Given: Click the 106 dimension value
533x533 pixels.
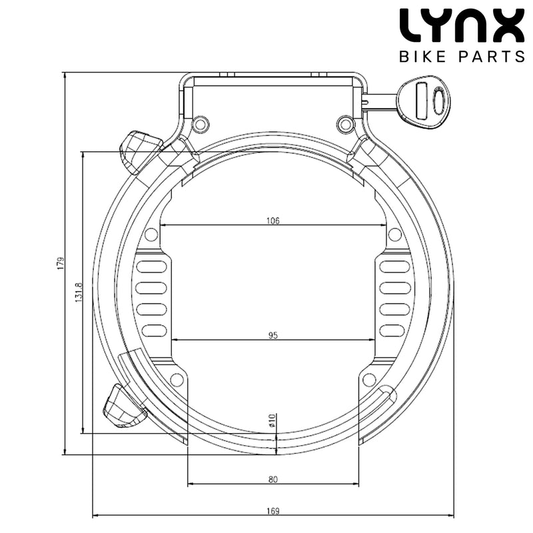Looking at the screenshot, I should (x=272, y=220).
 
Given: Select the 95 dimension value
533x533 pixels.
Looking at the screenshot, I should (x=272, y=335).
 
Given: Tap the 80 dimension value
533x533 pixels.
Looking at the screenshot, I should (x=272, y=478).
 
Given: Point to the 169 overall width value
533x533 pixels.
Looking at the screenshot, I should (x=272, y=511).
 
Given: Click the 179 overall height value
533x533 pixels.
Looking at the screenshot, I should (x=59, y=264).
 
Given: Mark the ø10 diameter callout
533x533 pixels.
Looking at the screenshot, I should (x=272, y=422).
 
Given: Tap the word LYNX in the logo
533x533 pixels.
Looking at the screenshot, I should (x=461, y=26).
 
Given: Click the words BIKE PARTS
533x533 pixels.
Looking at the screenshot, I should (x=461, y=56).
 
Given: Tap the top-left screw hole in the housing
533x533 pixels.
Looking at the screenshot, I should (x=199, y=123).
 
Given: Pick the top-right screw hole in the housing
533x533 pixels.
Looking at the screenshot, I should (x=344, y=123).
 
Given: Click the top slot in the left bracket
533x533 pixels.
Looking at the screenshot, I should (x=154, y=267).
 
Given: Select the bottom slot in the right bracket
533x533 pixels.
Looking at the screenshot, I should (x=394, y=330).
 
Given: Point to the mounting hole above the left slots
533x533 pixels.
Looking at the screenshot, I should (x=151, y=235).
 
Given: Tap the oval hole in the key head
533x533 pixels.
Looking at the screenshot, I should (x=437, y=101).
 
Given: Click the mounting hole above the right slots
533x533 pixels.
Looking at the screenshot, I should (x=394, y=235).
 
